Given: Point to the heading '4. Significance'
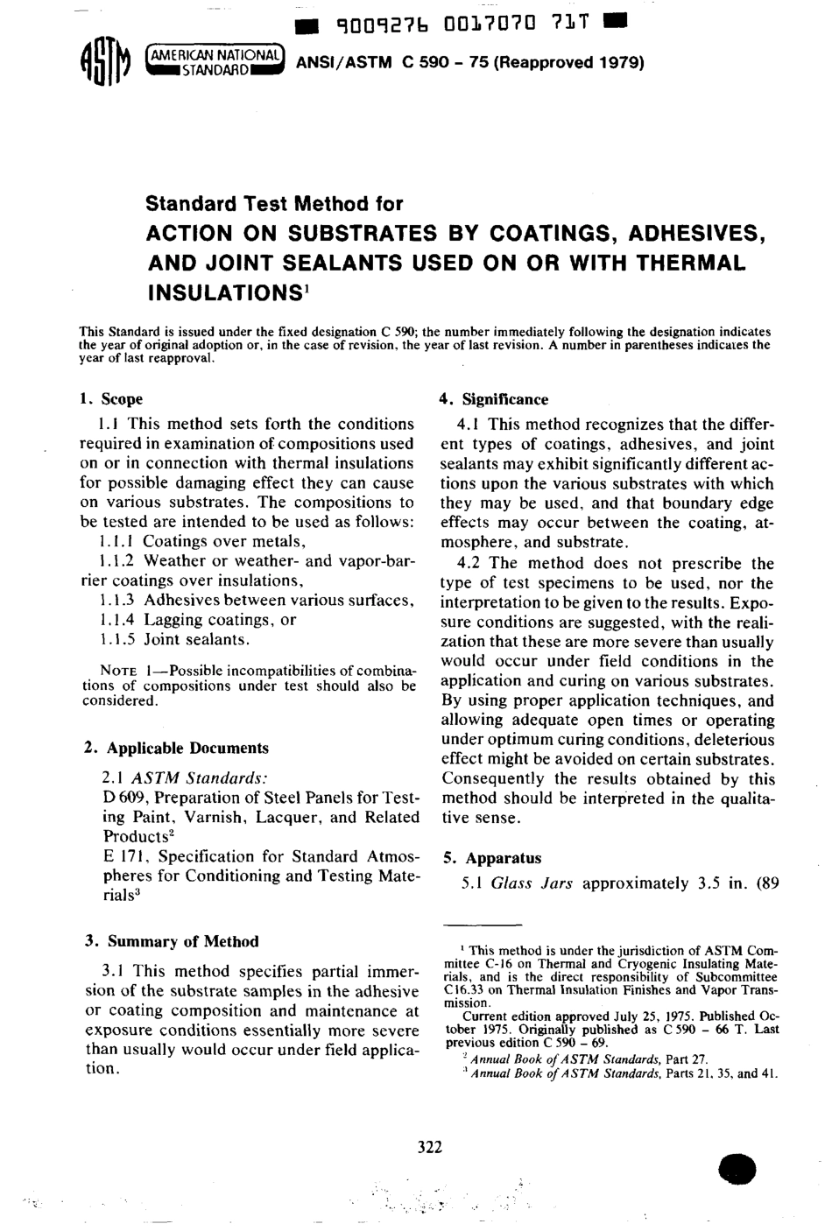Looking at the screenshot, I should pyautogui.click(x=493, y=399).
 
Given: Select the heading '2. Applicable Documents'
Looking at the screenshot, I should pyautogui.click(x=176, y=749).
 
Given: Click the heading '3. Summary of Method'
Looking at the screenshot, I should pyautogui.click(x=171, y=942).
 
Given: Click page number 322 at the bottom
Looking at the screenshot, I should pyautogui.click(x=430, y=1148).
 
